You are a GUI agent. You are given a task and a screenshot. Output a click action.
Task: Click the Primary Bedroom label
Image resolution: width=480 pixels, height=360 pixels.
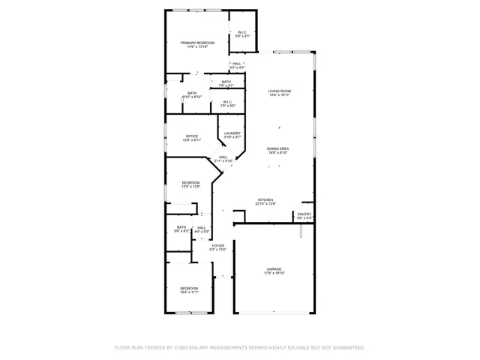tap(197, 43)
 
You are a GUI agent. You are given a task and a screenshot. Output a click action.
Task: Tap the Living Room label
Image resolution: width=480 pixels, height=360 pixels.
tap(280, 91)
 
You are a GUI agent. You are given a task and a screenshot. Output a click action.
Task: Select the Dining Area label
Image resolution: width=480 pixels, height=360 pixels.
tap(278, 148)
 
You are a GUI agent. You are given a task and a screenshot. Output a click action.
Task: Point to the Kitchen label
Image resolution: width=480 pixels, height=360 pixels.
tap(266, 199)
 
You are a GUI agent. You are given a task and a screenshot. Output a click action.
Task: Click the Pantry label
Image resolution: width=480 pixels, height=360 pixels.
tap(304, 214)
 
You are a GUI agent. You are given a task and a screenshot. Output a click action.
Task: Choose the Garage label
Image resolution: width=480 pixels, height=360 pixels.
tap(274, 269)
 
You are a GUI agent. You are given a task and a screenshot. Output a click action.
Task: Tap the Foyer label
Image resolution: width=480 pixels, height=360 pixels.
tap(217, 245)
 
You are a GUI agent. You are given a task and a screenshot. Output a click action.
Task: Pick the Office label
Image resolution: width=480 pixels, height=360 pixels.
tap(192, 136)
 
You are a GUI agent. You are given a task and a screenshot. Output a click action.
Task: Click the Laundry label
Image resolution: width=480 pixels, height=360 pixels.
tap(232, 133)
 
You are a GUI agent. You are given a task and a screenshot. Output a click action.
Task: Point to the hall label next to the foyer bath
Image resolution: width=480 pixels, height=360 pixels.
tap(202, 227)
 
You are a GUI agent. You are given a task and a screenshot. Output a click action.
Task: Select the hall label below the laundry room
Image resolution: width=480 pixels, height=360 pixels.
tap(223, 157)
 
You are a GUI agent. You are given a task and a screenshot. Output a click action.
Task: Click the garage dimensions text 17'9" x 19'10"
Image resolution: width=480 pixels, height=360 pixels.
tap(274, 273)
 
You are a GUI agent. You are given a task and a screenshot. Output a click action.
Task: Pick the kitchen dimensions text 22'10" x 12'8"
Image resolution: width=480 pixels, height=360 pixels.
tap(266, 203)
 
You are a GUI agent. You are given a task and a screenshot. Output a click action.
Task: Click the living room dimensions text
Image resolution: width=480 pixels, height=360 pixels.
tap(280, 95)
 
